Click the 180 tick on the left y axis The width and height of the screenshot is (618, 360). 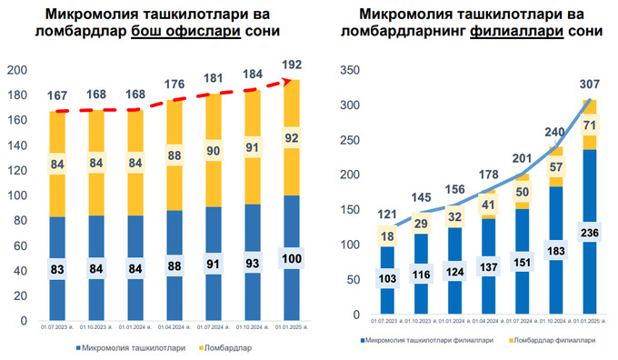coord(16,95)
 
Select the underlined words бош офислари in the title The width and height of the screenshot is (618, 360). coord(185,31)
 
